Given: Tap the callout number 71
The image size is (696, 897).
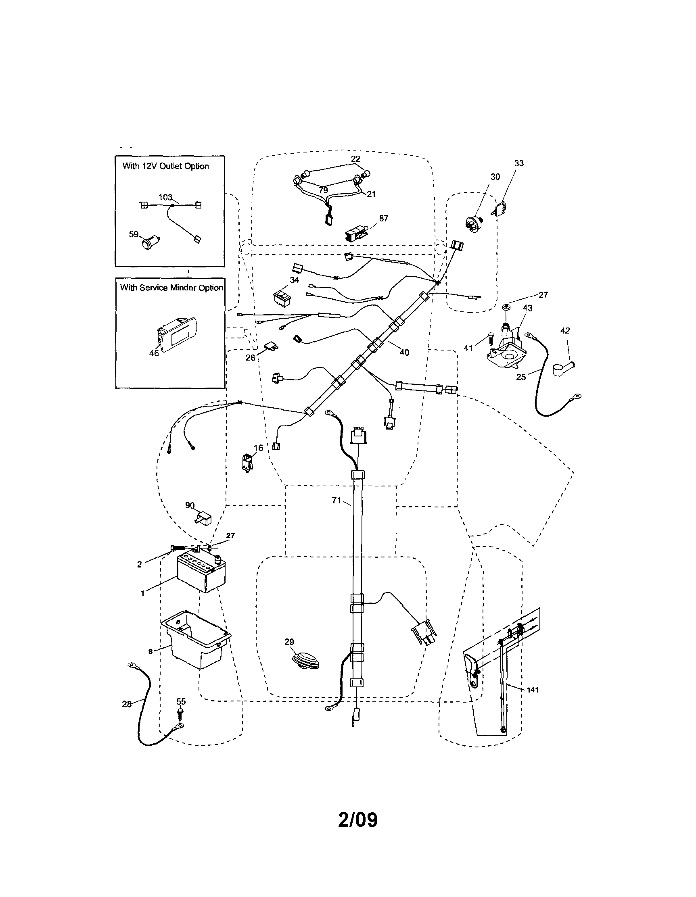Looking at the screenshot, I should pyautogui.click(x=337, y=500).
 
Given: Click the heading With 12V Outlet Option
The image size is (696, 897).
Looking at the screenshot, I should pyautogui.click(x=165, y=166).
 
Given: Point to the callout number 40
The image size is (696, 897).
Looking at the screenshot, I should pyautogui.click(x=404, y=353).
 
